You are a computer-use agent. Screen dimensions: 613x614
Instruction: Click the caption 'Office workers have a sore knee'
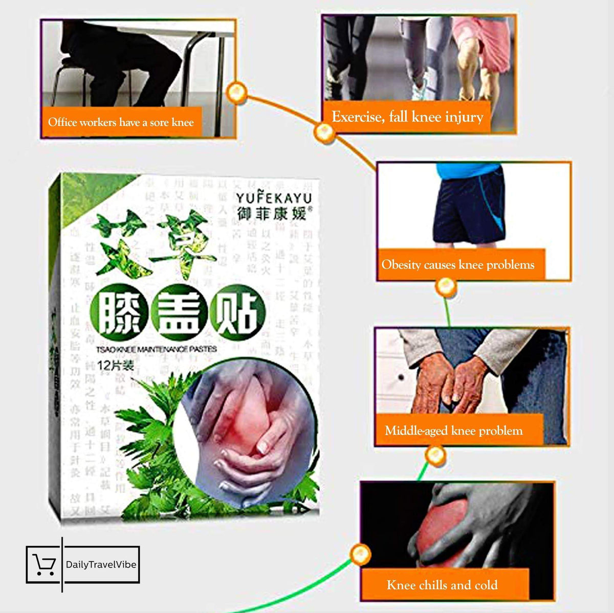121,122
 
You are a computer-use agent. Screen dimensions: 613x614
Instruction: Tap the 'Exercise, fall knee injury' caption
407,117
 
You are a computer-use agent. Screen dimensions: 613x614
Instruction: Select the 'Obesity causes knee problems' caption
458,265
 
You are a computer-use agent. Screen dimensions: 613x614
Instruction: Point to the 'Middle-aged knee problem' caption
454,430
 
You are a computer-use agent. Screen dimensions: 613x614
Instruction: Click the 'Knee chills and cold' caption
442,585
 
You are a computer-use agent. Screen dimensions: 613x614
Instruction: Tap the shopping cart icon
44,564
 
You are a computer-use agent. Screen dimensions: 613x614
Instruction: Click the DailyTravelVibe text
101,565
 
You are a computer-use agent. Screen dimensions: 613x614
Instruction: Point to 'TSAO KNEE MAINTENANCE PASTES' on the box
157,349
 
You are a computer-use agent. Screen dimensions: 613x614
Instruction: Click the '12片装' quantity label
115,366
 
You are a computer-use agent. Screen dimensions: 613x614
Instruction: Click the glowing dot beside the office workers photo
236,93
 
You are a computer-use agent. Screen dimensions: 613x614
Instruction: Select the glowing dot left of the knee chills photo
360,554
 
